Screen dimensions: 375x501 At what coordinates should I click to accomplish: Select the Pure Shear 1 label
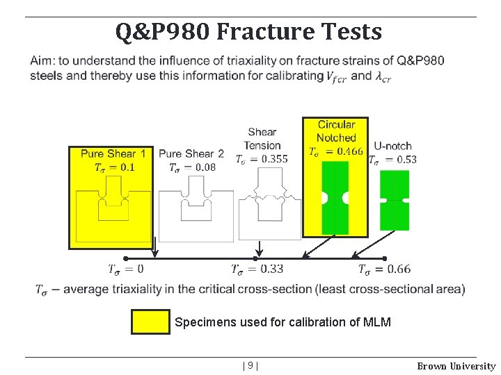coord(113,153)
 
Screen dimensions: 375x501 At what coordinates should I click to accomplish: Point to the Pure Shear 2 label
coord(191,153)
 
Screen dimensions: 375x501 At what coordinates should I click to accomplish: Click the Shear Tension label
coord(262,138)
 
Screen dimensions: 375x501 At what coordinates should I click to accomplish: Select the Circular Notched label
coord(336,131)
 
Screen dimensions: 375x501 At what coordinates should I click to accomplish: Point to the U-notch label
coord(392,146)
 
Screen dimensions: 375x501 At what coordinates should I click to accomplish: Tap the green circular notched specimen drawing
coord(335,198)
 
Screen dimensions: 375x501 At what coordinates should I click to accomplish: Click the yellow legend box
coord(150,322)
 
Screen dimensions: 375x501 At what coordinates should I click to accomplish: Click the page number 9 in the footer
coord(251,366)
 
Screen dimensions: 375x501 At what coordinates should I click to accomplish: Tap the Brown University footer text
coord(456,366)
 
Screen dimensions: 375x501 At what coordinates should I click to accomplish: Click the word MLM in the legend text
coord(378,322)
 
